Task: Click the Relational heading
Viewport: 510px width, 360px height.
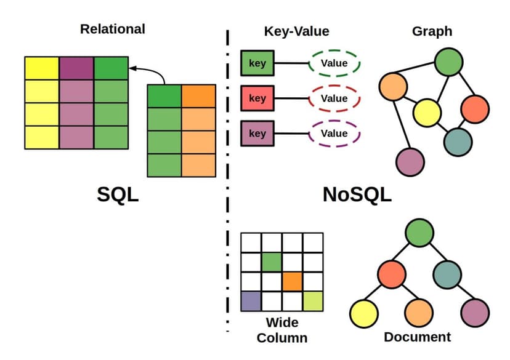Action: click(x=113, y=29)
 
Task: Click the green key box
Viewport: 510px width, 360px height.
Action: click(x=257, y=63)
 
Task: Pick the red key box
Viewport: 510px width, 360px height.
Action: click(x=257, y=98)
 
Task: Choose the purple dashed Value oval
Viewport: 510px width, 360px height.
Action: click(x=334, y=134)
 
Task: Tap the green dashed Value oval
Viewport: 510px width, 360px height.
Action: click(x=334, y=63)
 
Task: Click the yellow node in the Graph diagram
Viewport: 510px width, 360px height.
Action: click(x=427, y=112)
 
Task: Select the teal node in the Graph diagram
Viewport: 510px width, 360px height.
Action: click(x=458, y=141)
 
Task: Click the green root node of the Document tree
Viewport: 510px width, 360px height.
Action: click(x=419, y=234)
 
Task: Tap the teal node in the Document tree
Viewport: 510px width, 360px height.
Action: click(x=447, y=273)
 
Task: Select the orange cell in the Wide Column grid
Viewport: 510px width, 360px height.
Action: click(x=293, y=281)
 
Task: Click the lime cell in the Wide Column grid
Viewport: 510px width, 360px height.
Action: click(x=313, y=302)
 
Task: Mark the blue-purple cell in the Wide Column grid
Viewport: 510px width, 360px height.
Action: click(x=251, y=302)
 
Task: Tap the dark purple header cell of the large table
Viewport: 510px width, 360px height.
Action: click(x=76, y=68)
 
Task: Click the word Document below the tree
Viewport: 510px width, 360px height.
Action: click(x=417, y=337)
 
